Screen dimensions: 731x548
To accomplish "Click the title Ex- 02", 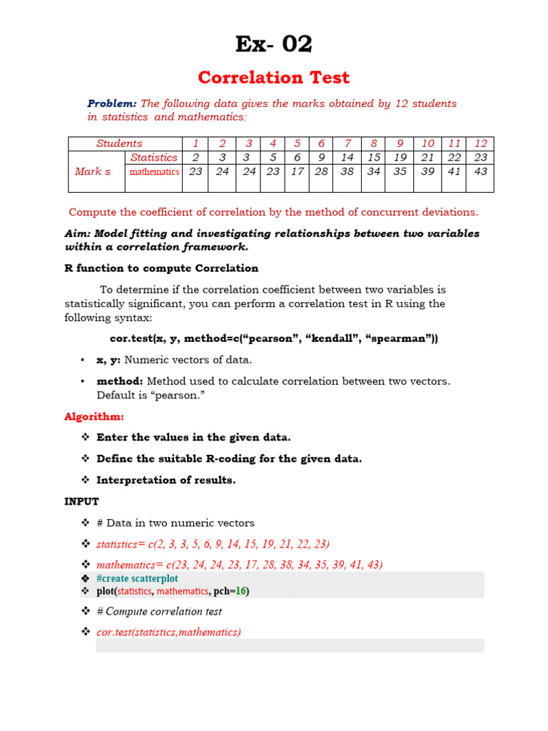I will pos(274,44).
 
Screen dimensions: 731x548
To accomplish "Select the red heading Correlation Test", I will pos(274,77).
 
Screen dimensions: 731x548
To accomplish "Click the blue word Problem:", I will pos(112,104).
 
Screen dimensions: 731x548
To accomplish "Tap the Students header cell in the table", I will pos(119,143).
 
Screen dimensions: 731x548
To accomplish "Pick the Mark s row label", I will pos(93,171).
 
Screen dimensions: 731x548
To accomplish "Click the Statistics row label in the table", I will pos(153,157).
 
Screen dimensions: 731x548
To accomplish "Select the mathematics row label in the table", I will pos(153,171).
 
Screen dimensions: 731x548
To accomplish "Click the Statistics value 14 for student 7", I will pos(347,157).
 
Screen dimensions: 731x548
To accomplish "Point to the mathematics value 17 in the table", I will pos(297,171).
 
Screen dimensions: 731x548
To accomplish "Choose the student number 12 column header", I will pos(481,143).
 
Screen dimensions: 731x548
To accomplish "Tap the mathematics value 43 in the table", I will pos(481,171).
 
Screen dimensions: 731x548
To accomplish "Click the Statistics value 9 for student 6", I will pos(322,157).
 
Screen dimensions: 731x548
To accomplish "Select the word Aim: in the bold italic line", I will pos(77,233).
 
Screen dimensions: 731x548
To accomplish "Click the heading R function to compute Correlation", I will pos(161,268).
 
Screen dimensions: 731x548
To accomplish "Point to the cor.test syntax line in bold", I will pos(274,338).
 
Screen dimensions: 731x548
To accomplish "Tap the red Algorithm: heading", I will pos(94,416).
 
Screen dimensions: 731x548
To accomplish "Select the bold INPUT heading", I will pos(82,501).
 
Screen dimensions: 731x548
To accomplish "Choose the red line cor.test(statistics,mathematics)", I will pos(169,632).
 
